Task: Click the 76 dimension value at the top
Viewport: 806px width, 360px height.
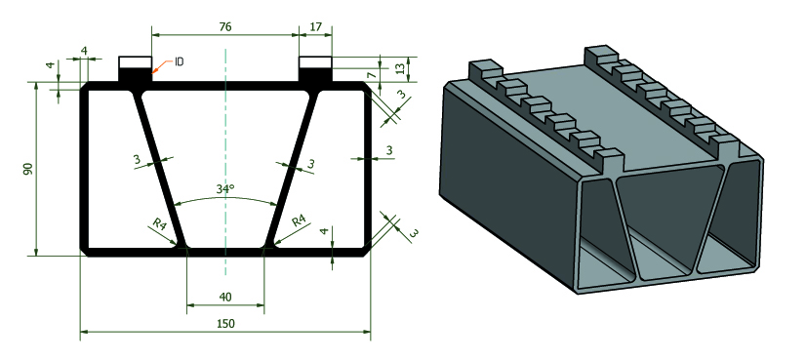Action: tap(225, 26)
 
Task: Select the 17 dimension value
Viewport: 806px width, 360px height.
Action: tap(315, 26)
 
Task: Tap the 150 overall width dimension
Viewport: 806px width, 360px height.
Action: tap(225, 324)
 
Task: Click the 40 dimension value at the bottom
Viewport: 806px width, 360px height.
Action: tap(225, 297)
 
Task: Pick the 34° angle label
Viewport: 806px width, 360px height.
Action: tap(225, 188)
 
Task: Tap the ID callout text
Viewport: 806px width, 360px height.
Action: tap(179, 62)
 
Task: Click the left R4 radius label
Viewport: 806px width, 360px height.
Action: tap(159, 223)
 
